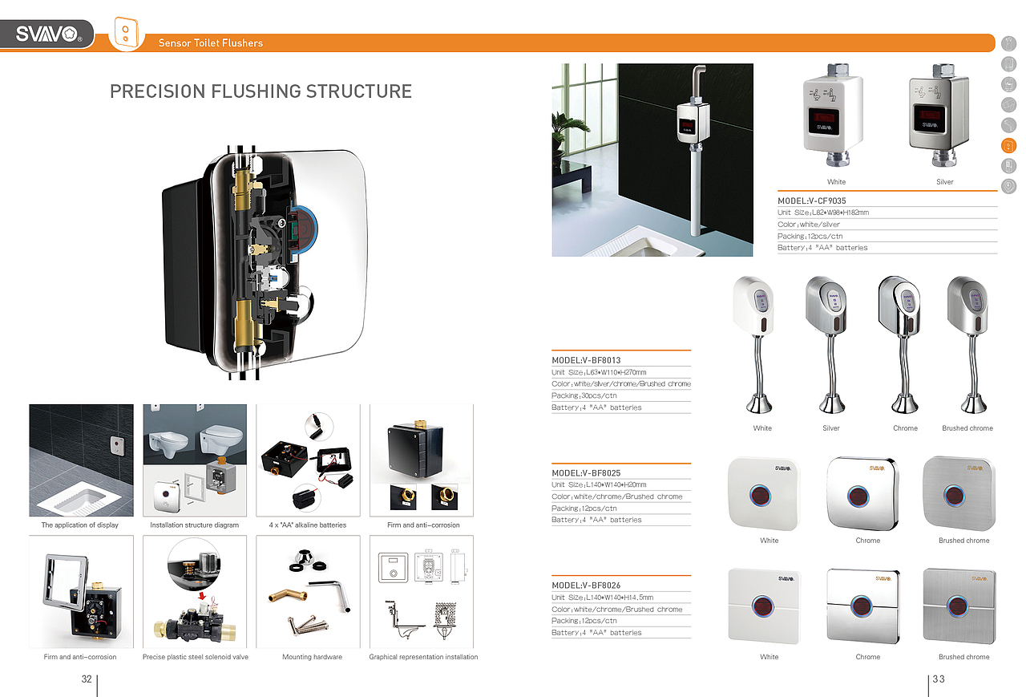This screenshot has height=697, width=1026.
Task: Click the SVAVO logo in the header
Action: (49, 34)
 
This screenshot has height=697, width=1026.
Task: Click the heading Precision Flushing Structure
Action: (261, 91)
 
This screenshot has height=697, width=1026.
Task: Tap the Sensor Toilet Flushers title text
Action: (211, 43)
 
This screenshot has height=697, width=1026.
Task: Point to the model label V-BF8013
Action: (586, 360)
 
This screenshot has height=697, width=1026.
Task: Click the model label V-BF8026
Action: (586, 586)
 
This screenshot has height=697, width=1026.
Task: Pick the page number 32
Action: (87, 679)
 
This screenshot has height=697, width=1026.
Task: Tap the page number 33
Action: (939, 679)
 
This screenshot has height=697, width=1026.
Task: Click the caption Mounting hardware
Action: (312, 657)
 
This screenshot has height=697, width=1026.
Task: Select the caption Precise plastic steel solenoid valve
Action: (195, 657)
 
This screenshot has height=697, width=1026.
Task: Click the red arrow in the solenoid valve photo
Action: (201, 596)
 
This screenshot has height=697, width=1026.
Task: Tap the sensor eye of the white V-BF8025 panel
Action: (761, 496)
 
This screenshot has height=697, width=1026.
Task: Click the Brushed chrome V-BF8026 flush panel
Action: (959, 606)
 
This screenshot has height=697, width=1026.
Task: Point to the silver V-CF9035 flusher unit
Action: (939, 115)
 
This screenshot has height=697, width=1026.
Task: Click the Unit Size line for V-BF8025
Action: (599, 484)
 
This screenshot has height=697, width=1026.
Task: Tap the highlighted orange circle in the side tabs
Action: (1008, 146)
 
